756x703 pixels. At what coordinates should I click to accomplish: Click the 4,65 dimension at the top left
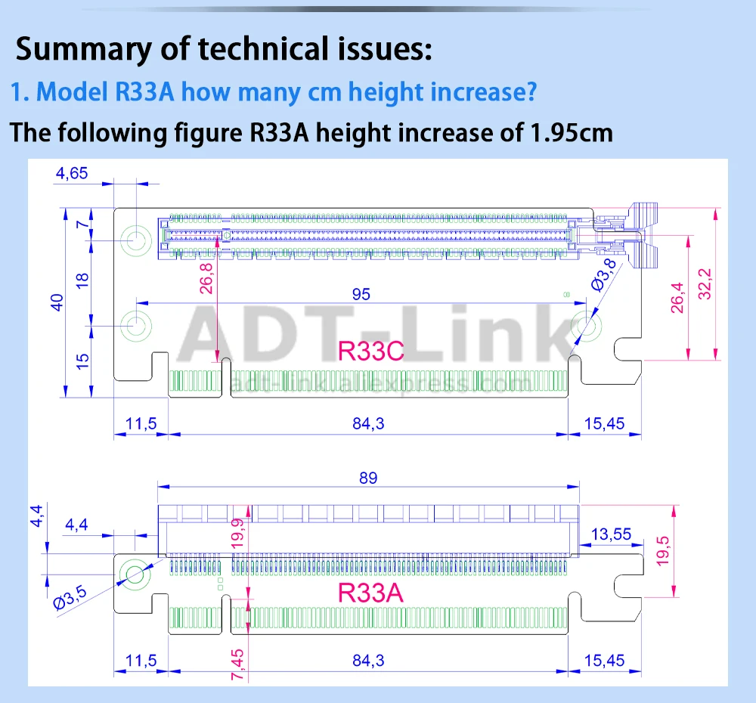(71, 173)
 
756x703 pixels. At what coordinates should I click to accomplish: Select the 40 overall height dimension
(56, 302)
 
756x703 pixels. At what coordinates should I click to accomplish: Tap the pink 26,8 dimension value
(206, 277)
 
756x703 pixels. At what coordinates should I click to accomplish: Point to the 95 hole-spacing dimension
(361, 294)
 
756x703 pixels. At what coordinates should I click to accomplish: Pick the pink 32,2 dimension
(705, 283)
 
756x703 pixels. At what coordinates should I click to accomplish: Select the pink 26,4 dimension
(677, 296)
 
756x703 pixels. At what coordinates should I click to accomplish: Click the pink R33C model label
(371, 351)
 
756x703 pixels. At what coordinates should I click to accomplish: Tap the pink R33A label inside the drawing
(370, 593)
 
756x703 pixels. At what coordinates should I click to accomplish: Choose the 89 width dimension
(368, 478)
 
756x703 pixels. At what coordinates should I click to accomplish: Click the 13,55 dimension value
(611, 534)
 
